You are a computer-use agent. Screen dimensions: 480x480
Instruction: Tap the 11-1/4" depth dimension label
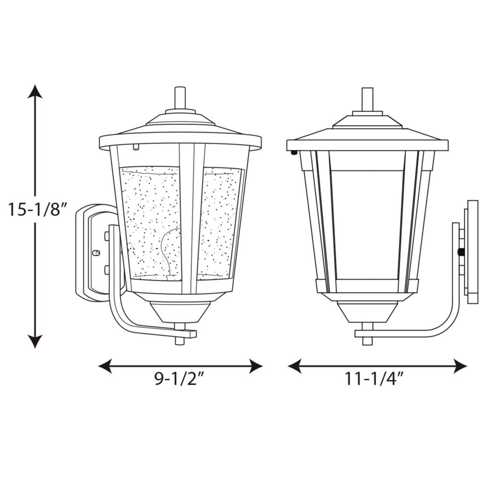click(372, 380)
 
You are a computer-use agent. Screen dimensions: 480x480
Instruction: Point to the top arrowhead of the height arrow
click(35, 91)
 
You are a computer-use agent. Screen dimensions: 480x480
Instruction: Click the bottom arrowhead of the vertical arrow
click(35, 341)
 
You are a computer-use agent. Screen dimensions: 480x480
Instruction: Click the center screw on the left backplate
click(96, 252)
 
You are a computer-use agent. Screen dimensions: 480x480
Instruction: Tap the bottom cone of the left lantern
click(180, 312)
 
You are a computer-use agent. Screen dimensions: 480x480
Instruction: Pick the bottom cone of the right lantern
click(367, 312)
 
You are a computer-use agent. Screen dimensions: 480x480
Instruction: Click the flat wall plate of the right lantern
click(472, 252)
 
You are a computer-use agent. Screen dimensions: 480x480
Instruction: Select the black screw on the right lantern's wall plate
click(462, 252)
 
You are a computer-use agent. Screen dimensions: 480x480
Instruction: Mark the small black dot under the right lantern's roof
click(292, 154)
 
